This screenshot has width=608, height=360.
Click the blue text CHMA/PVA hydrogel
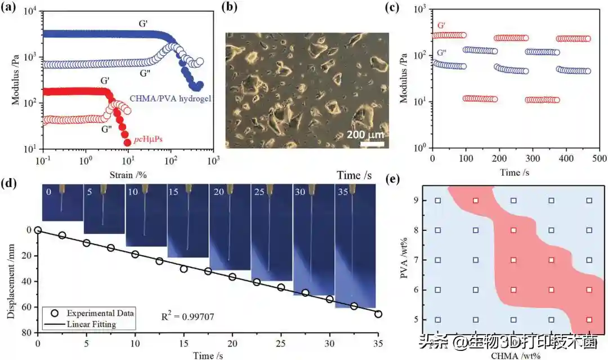pos(171,98)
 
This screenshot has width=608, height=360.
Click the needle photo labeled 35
pos(355,248)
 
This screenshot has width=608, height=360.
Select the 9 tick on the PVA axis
pos(415,200)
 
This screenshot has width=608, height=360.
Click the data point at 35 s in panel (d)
pos(378,314)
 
